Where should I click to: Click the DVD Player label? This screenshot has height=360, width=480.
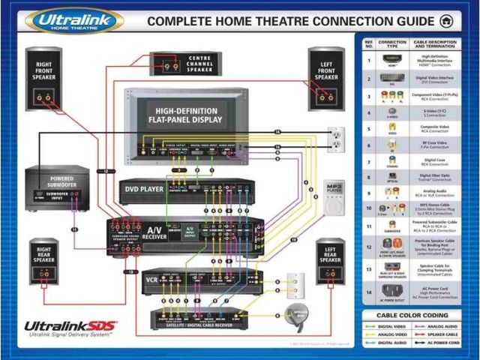click(x=145, y=189)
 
